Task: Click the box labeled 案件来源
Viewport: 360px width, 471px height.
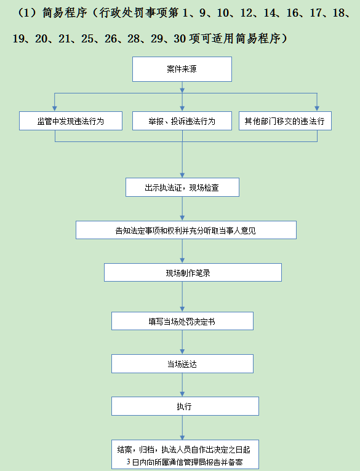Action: click(182, 69)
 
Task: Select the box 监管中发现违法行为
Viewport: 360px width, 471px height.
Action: click(71, 121)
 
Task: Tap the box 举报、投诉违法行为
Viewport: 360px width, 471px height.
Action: click(182, 121)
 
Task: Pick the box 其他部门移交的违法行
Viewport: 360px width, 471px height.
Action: click(285, 121)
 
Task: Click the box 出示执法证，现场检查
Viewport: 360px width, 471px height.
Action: click(182, 187)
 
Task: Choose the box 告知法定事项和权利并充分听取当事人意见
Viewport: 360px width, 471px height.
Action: click(186, 230)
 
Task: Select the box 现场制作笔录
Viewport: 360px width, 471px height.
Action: click(193, 272)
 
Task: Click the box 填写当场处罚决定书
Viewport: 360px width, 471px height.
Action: click(182, 321)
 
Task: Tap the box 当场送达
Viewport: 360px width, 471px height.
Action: click(182, 364)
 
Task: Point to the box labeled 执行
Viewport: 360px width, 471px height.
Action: click(185, 406)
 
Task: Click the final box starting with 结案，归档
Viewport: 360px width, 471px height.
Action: click(185, 455)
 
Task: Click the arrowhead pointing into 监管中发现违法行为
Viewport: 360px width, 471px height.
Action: click(55, 108)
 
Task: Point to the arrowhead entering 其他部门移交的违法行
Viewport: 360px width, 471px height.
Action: click(317, 108)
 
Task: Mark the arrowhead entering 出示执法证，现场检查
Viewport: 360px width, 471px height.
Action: click(182, 175)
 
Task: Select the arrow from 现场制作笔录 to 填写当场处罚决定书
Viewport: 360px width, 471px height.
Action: click(182, 296)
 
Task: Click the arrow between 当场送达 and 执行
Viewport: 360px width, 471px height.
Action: click(182, 385)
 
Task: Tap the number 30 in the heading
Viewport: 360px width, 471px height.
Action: click(180, 39)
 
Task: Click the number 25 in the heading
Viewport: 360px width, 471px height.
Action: click(87, 39)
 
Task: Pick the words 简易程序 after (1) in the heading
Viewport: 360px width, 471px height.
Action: click(65, 13)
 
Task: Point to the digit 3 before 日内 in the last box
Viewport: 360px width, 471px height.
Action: click(129, 462)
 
